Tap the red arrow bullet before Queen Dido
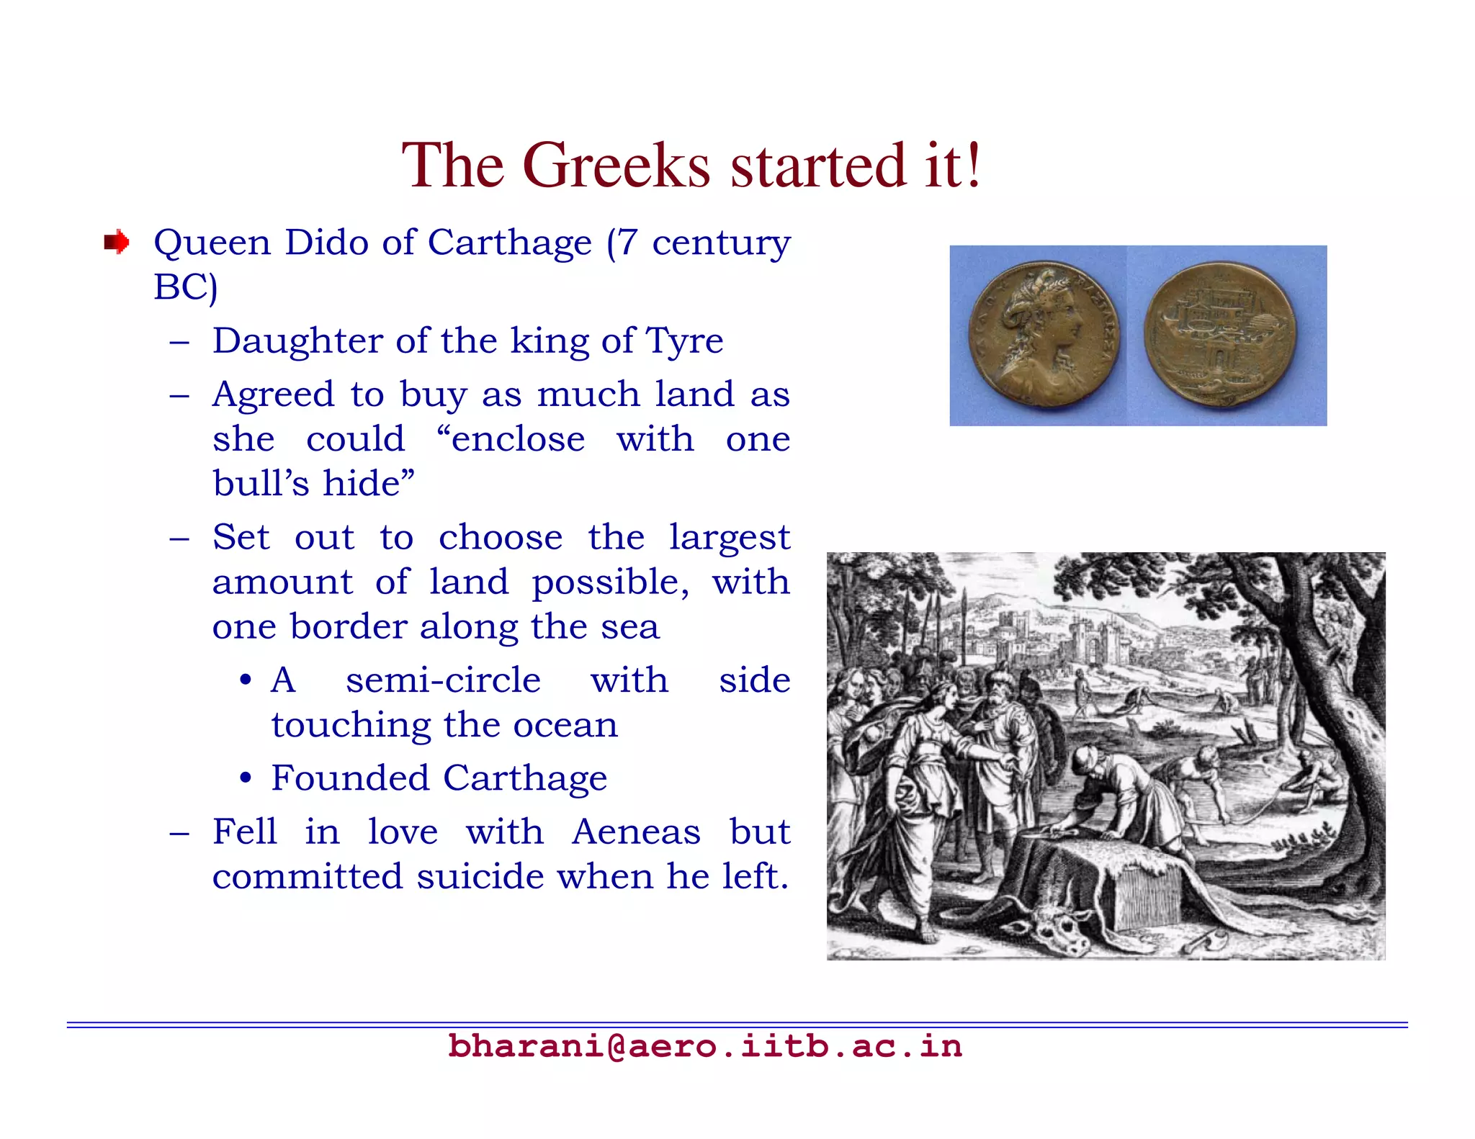click(116, 242)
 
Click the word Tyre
click(684, 341)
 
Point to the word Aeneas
click(636, 832)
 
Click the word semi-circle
click(443, 680)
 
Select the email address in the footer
click(705, 1045)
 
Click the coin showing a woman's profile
click(1045, 335)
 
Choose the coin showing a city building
click(1220, 335)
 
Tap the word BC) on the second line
click(185, 287)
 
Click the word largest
click(729, 538)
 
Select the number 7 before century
click(627, 243)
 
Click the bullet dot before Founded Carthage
click(246, 779)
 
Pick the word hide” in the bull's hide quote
click(369, 483)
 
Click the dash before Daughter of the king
click(179, 342)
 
